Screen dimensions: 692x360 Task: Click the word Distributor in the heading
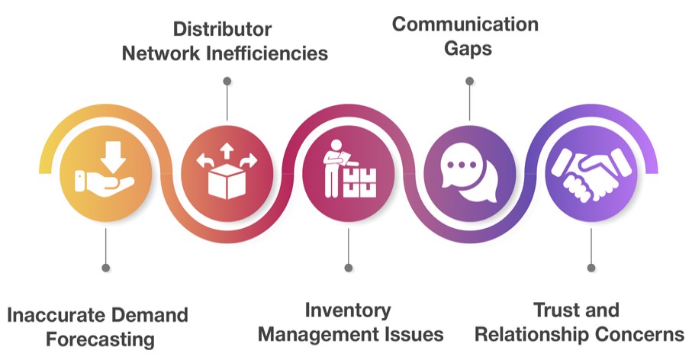point(222,29)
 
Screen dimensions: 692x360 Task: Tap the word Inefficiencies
point(268,53)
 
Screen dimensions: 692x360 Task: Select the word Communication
point(465,24)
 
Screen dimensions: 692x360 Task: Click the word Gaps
point(468,49)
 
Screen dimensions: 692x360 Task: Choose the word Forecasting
point(100,339)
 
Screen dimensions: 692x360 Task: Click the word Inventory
point(348,310)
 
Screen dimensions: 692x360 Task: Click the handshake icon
point(591,174)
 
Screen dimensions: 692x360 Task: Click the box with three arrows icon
point(227,171)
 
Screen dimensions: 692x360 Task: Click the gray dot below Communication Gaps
point(469,81)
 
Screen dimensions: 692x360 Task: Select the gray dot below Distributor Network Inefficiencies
point(227,81)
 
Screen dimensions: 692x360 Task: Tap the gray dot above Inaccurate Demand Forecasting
point(105,268)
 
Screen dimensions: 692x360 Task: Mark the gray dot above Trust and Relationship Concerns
point(591,268)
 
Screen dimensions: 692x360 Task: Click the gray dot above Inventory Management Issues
point(348,268)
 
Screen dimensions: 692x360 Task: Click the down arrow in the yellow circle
point(113,156)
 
